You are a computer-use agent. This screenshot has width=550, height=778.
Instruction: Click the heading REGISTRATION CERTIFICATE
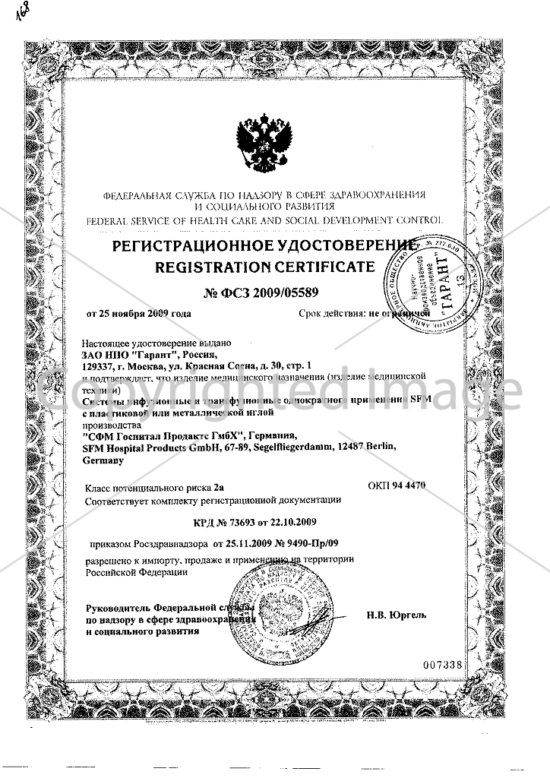point(264,267)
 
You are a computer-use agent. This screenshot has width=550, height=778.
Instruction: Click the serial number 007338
point(441,665)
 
